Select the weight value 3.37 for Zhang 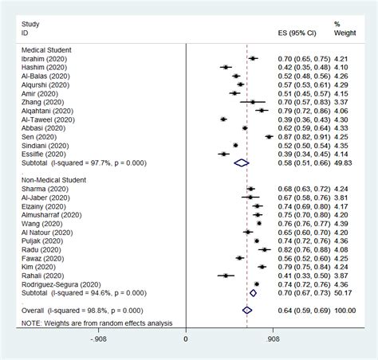341,102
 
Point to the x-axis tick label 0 186,338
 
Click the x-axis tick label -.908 99,338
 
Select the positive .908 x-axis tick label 272,338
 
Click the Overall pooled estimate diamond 246,310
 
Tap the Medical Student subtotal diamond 241,162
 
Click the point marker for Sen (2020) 269,136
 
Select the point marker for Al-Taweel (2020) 223,119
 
